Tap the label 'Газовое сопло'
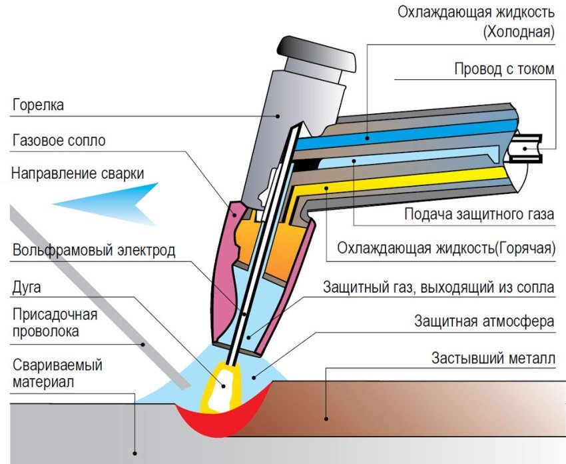(59, 141)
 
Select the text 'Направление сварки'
(77, 174)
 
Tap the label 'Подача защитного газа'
(479, 215)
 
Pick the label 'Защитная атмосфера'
(484, 321)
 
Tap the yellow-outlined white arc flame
(219, 389)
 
